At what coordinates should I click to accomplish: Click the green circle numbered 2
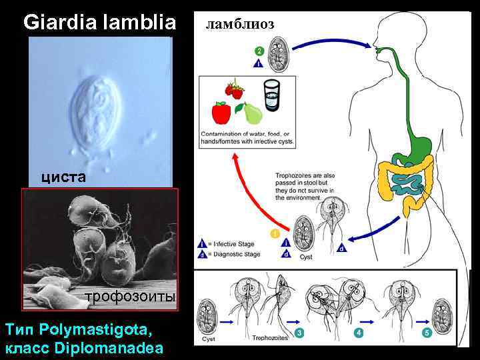coord(259,51)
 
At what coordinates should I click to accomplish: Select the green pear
coord(253,113)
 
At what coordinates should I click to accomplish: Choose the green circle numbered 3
coord(300,332)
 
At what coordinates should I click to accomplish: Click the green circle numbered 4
coord(360,332)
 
